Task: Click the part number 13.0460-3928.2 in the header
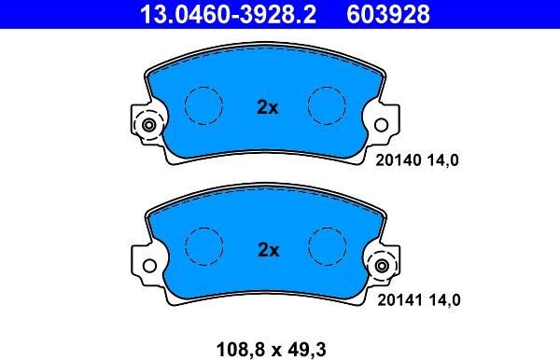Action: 228,14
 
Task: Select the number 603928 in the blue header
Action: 388,14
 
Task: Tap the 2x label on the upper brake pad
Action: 268,107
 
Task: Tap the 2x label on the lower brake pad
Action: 268,250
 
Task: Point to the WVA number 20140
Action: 399,160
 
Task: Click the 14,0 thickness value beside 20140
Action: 442,160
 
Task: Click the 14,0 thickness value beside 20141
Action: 444,300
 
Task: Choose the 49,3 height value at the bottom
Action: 309,350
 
